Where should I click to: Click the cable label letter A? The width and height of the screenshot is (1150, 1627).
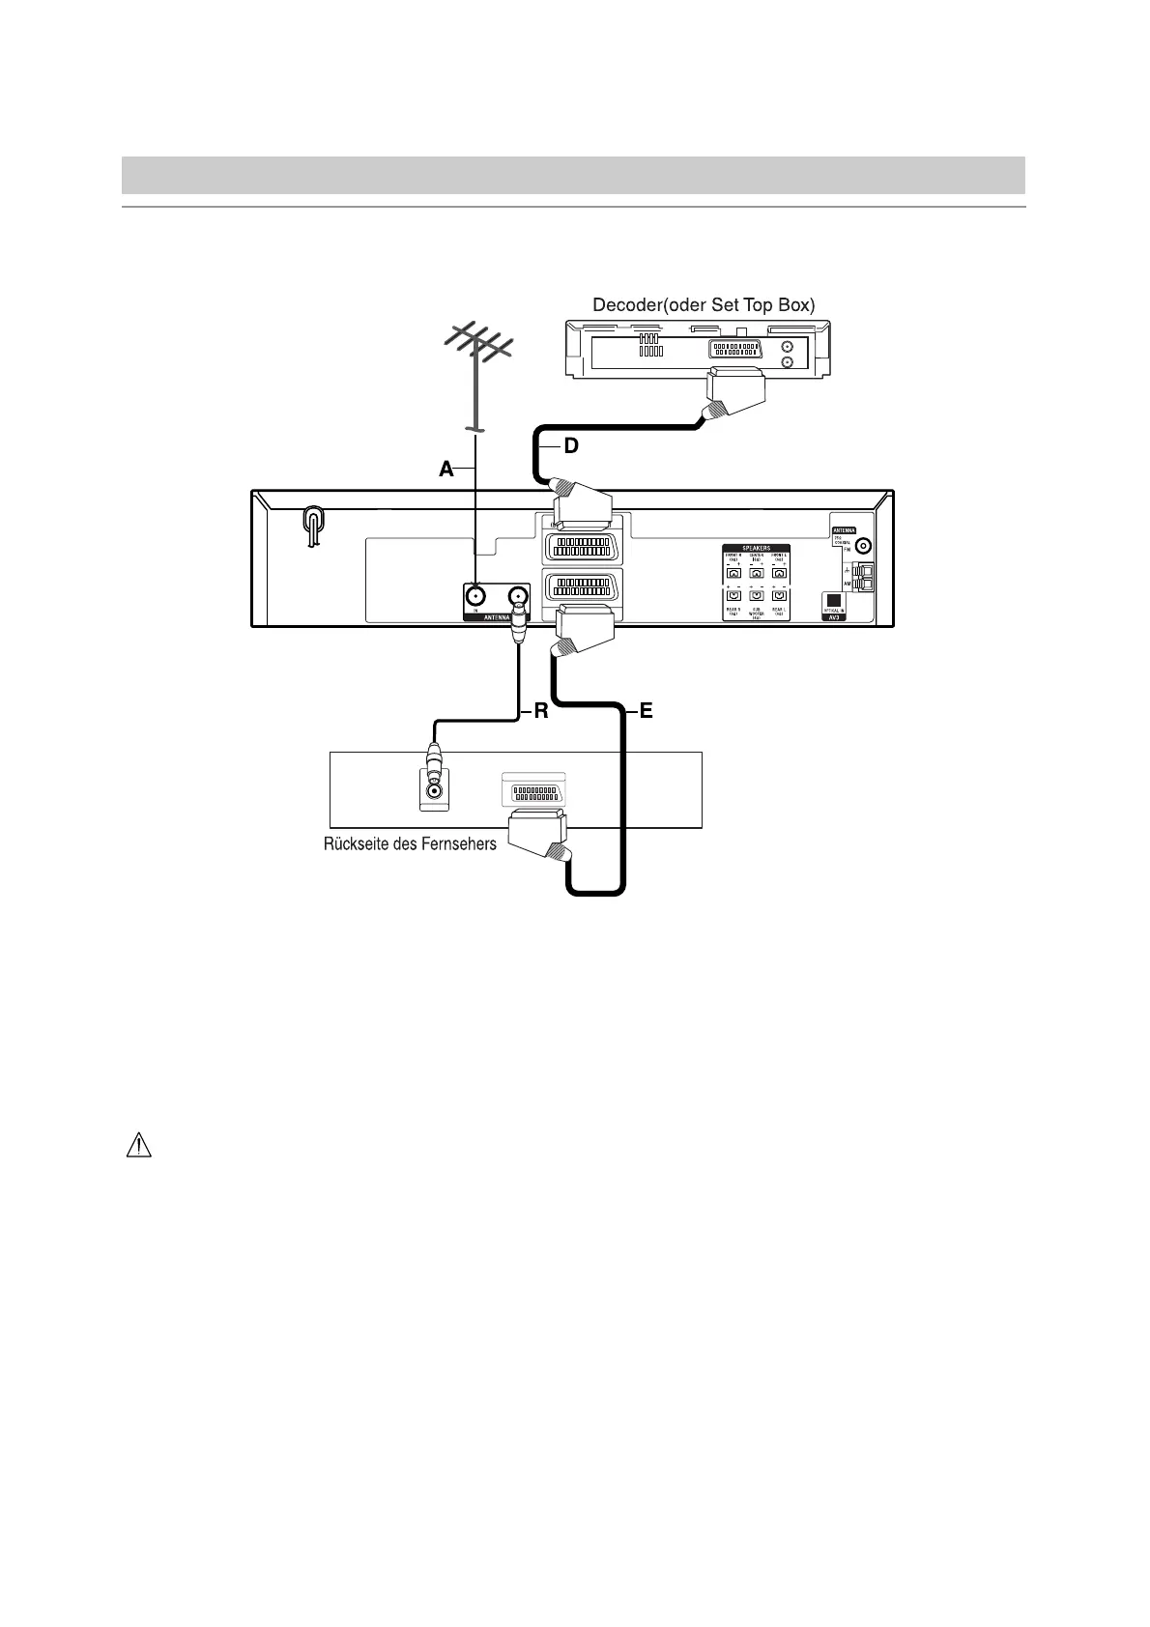(446, 470)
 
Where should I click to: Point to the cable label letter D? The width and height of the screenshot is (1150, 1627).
(571, 446)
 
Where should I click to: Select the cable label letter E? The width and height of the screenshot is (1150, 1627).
(646, 712)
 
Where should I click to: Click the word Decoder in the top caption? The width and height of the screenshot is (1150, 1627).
(624, 305)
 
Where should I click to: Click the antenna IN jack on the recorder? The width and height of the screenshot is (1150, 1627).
(476, 595)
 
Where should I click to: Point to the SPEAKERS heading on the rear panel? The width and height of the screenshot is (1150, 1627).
(757, 549)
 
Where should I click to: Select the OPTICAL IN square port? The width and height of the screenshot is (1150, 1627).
(833, 598)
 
